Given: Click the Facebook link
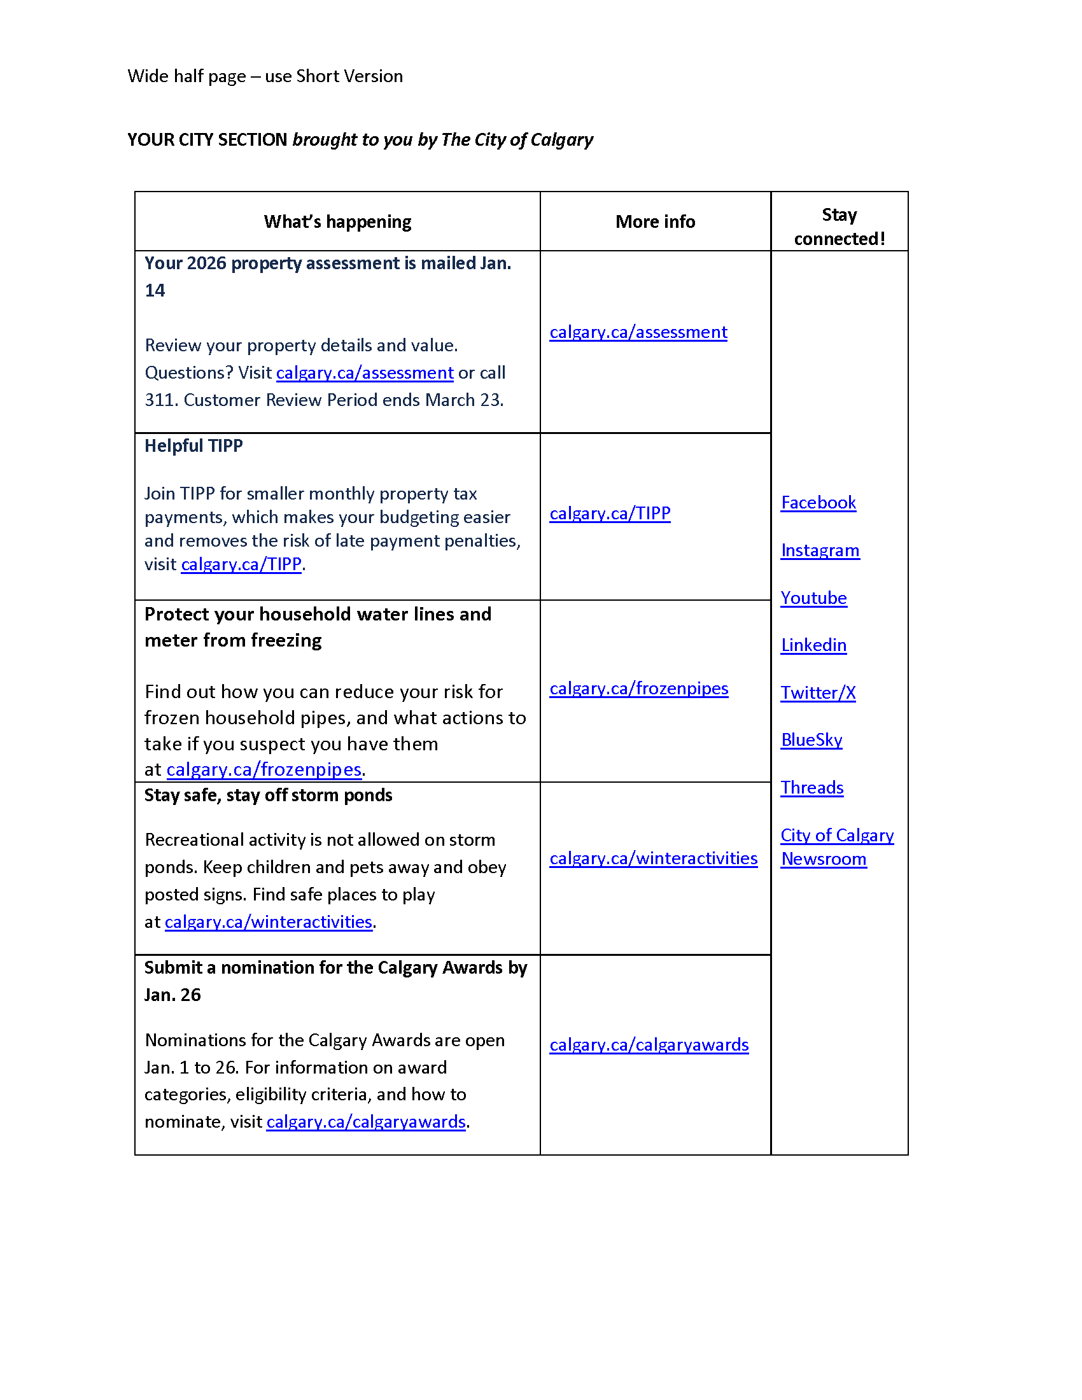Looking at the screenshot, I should pos(818,503).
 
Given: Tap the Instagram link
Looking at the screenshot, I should pos(820,550).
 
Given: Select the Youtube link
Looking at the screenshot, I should pos(813,598).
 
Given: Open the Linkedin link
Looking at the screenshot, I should pos(813,645).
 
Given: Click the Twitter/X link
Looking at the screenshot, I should pos(818,693).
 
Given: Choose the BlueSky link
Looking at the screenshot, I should pos(811,740).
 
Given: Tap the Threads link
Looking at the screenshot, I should pos(812,788).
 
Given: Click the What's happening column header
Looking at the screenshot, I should pos(337,222).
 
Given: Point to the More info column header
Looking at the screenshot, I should pos(655,222).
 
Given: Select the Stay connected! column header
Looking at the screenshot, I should pos(839,227).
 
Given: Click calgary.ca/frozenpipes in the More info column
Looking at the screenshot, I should pos(638,689).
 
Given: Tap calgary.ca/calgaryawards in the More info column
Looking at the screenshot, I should pos(649,1045).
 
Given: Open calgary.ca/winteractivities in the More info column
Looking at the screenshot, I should pos(653,858).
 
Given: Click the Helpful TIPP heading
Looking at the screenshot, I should pos(193,446).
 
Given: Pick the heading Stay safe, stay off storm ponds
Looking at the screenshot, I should pos(268,795).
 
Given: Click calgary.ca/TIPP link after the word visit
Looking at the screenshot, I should pos(241,564).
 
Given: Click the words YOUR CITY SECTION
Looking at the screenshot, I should pos(207,140).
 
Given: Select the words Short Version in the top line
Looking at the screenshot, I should pos(349,76).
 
